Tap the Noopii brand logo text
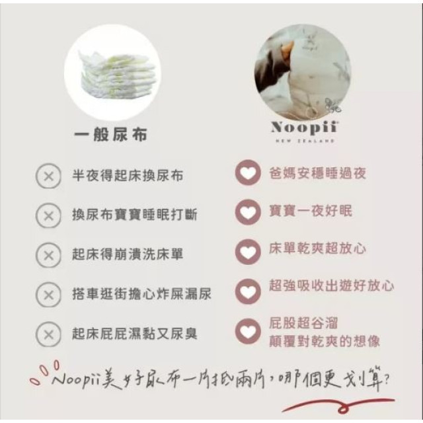tap(303, 127)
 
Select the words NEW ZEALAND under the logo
tap(303, 141)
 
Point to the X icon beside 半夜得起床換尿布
tap(48, 177)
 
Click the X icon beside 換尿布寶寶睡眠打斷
tap(48, 215)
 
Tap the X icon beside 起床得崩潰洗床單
tap(48, 254)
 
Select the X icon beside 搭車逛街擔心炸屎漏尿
tap(48, 293)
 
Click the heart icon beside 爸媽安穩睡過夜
tap(248, 174)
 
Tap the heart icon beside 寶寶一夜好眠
tap(248, 213)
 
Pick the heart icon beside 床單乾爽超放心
tap(248, 251)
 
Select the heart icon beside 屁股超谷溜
tap(248, 332)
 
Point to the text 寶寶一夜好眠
tap(310, 211)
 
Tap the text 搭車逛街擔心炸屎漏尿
tap(141, 293)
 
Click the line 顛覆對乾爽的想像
tap(324, 341)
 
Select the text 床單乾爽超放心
tap(317, 250)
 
